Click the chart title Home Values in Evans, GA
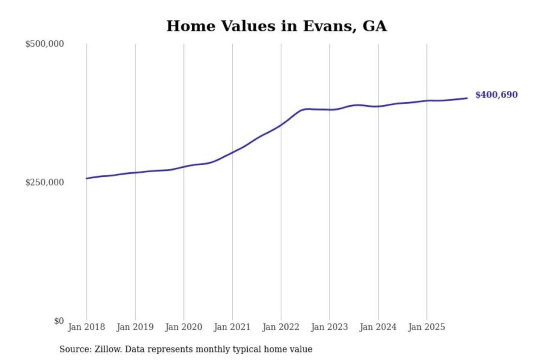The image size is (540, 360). (x=276, y=26)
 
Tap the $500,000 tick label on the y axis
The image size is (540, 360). (x=45, y=44)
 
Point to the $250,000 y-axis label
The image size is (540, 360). (x=45, y=183)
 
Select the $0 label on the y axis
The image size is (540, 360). (x=59, y=321)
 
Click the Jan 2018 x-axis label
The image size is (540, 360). (x=87, y=327)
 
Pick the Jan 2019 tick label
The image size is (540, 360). (x=135, y=327)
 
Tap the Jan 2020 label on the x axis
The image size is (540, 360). (x=184, y=327)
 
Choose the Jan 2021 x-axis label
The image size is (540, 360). (x=232, y=327)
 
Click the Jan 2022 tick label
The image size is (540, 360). (x=281, y=327)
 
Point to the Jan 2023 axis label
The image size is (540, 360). (x=330, y=327)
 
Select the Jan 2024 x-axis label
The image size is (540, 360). (x=378, y=327)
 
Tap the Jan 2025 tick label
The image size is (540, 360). (x=427, y=327)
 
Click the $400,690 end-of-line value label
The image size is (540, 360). (x=496, y=95)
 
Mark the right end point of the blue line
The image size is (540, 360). (x=467, y=98)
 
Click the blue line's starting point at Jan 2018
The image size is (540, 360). (x=87, y=178)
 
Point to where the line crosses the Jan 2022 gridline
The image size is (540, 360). (x=281, y=125)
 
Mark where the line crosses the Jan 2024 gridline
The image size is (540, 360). (x=378, y=106)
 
